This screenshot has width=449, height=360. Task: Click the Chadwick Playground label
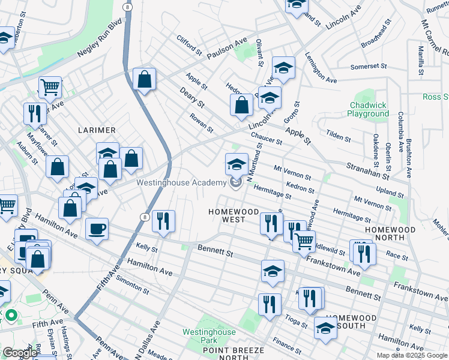[369, 109]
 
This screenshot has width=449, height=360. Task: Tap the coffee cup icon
[97, 229]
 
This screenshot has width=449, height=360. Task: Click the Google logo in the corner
[20, 353]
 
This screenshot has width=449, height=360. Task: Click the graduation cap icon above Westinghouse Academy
[237, 164]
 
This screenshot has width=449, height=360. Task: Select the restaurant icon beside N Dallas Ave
[163, 221]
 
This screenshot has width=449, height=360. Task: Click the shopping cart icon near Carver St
[50, 87]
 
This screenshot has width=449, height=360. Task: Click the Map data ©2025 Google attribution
[412, 355]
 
